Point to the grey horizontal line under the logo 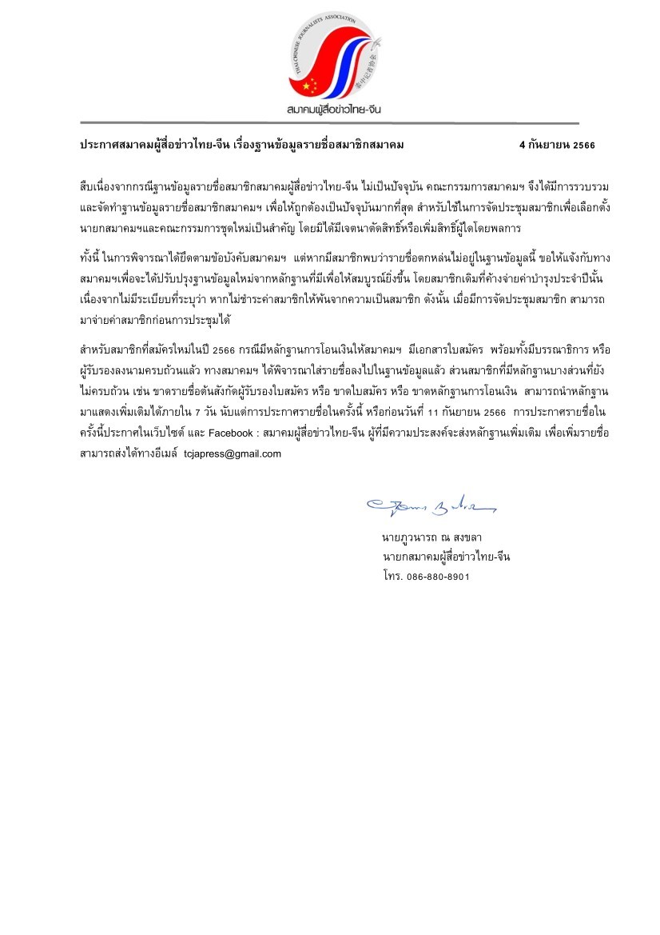329,123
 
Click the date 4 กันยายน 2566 557,145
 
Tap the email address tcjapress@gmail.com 233,453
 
